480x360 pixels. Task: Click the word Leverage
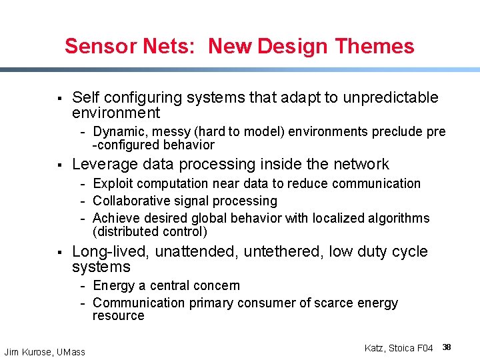(x=103, y=164)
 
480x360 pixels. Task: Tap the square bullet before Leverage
(x=60, y=165)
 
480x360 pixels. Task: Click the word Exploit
(x=113, y=183)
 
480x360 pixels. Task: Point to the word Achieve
(x=114, y=218)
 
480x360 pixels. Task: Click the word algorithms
(x=399, y=218)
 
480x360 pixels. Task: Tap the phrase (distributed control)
(x=150, y=231)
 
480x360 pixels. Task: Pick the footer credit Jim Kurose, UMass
(x=45, y=351)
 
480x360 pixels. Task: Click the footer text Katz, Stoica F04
(x=399, y=348)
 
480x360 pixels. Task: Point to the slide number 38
(x=447, y=347)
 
